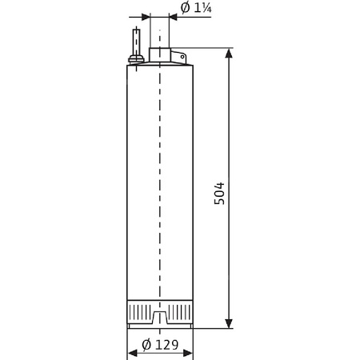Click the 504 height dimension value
(x=219, y=193)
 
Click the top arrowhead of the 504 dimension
(x=230, y=54)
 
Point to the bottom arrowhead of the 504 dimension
(x=230, y=322)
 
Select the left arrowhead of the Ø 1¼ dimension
(x=145, y=17)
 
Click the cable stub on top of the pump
(x=137, y=41)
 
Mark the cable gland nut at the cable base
(x=137, y=58)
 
